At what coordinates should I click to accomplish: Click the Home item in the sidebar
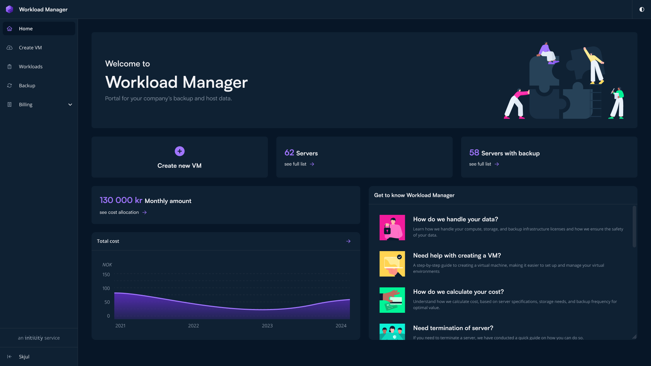pos(26,29)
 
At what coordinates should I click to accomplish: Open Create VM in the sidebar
pos(30,48)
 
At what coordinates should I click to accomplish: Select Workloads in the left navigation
pos(31,67)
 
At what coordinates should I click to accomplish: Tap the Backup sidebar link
pos(27,86)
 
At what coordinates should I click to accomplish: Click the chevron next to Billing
pos(70,105)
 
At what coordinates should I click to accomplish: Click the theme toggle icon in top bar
pos(642,9)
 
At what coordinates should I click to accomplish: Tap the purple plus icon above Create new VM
pos(179,151)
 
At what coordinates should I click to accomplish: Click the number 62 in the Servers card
pos(289,153)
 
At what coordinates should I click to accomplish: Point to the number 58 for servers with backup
pos(474,153)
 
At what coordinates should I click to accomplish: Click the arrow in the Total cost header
pos(348,241)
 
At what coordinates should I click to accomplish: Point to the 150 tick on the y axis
pos(106,274)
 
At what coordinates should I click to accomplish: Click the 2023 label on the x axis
pos(267,326)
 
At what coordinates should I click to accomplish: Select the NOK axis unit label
pos(107,265)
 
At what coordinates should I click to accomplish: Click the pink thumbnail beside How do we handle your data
pos(392,227)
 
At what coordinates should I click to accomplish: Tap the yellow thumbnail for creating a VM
pos(392,264)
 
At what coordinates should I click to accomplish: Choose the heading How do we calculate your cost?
pos(458,292)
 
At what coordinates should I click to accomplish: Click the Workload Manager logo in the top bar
pos(9,9)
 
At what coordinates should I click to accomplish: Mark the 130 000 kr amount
pos(121,200)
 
